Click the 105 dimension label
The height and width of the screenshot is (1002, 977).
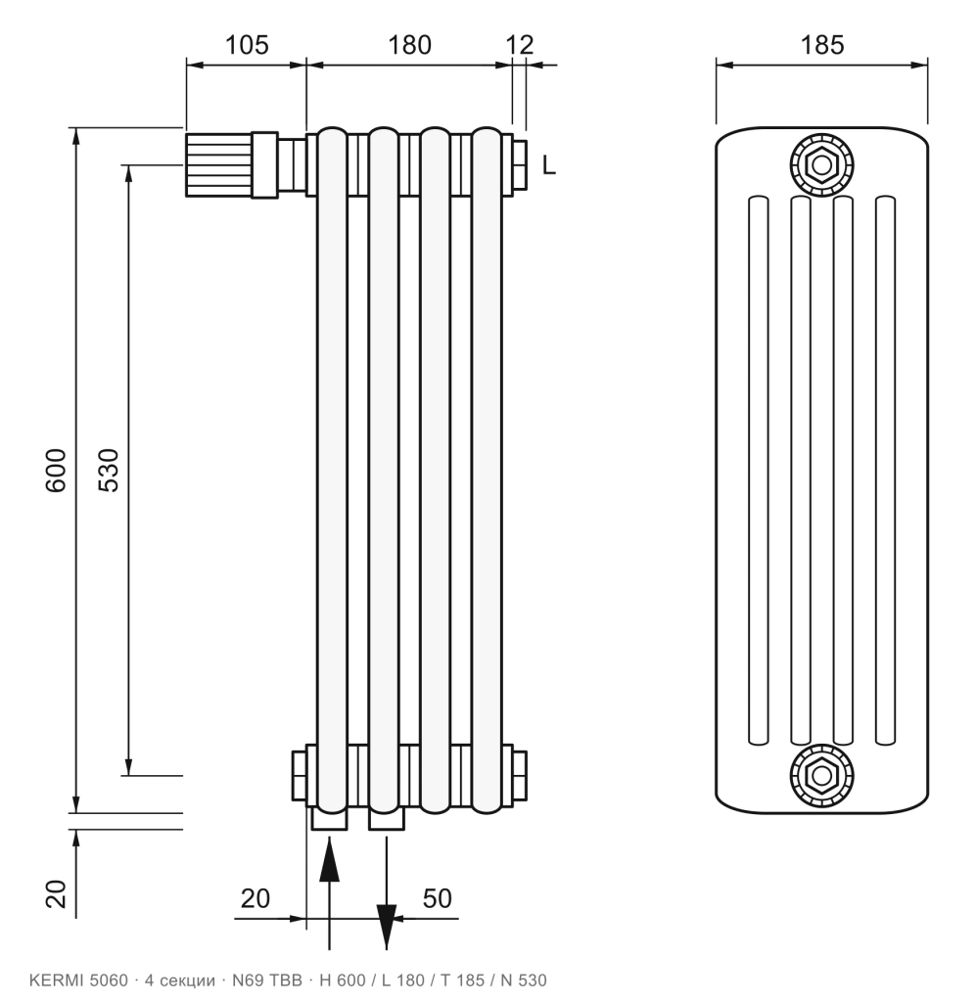[247, 45]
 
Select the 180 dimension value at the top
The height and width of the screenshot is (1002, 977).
[410, 45]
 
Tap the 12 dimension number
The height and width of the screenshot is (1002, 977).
[519, 45]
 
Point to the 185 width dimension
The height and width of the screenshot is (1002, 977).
[822, 45]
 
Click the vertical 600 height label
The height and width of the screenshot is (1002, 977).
[56, 471]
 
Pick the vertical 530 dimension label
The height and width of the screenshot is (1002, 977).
[109, 471]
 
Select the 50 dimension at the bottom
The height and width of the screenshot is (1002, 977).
[438, 898]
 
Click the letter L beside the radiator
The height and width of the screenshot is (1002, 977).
[549, 165]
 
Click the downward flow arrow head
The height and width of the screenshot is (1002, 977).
[386, 927]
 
